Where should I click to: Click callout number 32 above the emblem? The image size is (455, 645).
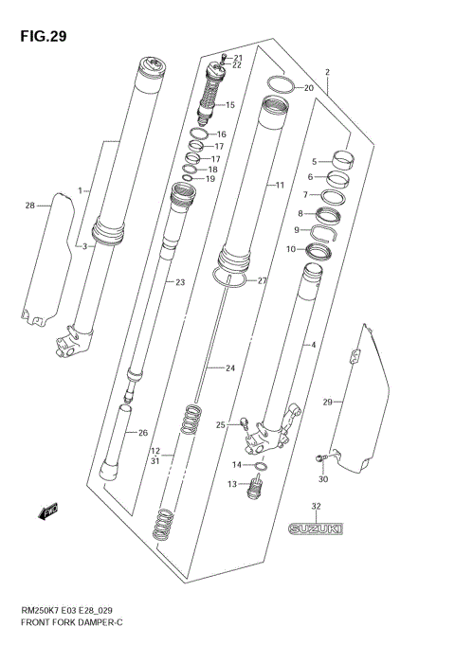point(316,507)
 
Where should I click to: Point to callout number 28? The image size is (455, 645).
point(29,206)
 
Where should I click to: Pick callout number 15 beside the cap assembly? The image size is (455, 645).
point(230,104)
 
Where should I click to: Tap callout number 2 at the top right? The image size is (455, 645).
point(326,72)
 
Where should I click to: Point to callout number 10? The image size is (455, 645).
point(290,249)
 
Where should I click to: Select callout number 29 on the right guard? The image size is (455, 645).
point(327,403)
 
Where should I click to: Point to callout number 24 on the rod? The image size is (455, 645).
point(228,367)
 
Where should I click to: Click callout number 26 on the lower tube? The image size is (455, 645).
point(143,433)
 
